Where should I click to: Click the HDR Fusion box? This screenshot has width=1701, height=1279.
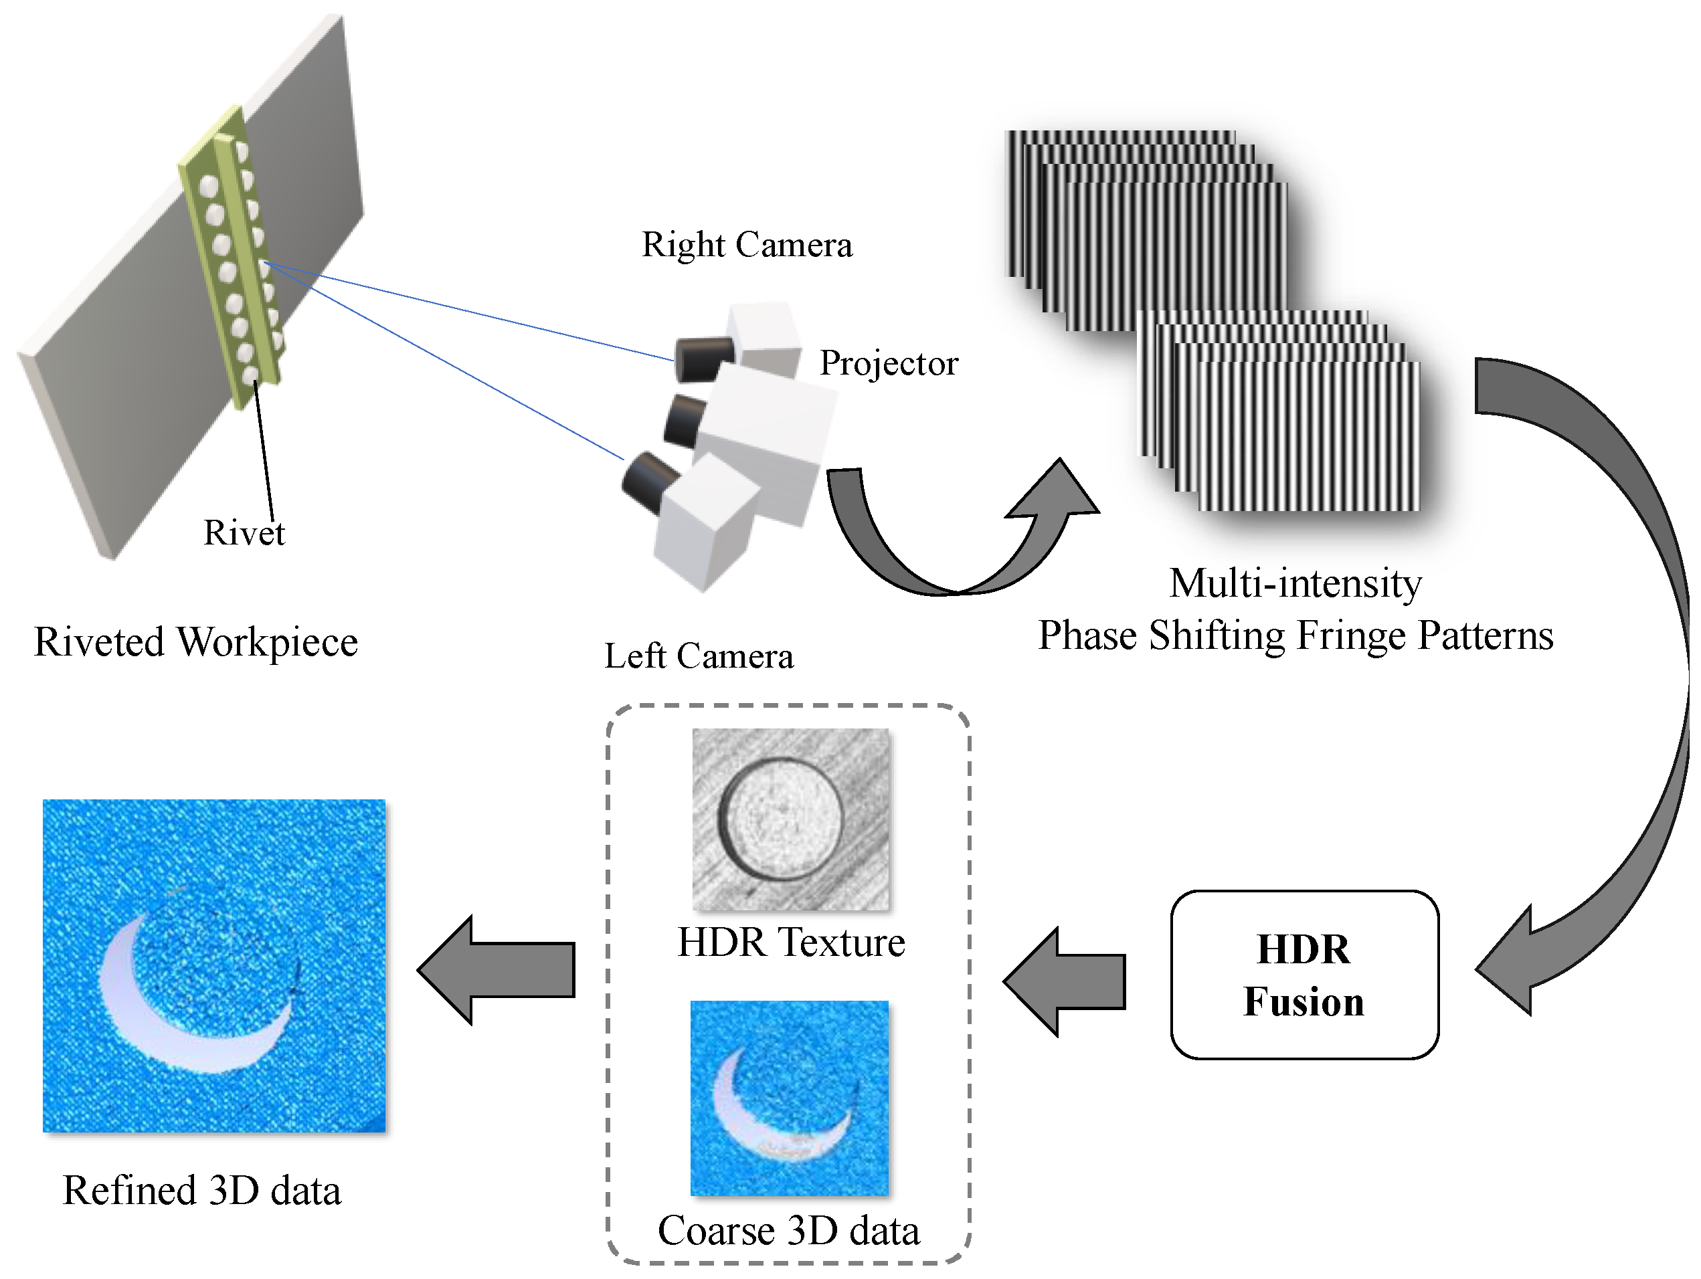(x=1304, y=975)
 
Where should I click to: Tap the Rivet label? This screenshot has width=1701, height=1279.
(x=244, y=532)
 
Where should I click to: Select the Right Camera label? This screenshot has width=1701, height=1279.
(x=747, y=244)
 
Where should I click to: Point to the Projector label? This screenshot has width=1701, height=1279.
(x=888, y=363)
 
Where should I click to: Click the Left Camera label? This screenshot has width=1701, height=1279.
(x=698, y=656)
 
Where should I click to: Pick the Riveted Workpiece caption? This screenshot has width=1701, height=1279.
(x=196, y=641)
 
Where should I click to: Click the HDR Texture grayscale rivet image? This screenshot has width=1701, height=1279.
(x=790, y=819)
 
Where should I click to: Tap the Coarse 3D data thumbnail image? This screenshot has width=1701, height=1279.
(x=789, y=1098)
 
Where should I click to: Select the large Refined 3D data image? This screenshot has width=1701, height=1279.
(x=213, y=965)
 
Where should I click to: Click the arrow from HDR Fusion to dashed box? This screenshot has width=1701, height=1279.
(x=1065, y=981)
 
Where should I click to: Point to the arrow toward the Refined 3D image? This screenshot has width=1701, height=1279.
(x=496, y=969)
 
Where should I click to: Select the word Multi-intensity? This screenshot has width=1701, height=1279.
(x=1295, y=583)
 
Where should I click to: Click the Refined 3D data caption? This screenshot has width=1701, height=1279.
(x=201, y=1190)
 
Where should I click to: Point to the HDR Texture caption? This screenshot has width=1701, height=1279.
(x=790, y=942)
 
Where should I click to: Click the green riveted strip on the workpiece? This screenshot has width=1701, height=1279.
(x=231, y=254)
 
